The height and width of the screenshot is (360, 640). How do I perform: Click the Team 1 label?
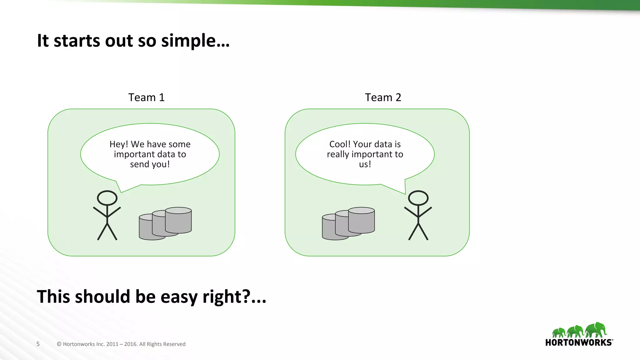coord(146,97)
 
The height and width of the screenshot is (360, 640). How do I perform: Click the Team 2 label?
coord(383,97)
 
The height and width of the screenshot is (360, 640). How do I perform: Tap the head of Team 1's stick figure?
coord(107,198)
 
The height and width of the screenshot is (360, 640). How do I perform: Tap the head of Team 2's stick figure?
coord(418,198)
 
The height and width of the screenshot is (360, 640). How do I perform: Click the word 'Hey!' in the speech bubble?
coord(119,144)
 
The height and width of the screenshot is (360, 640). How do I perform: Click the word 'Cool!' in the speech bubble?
coord(340,144)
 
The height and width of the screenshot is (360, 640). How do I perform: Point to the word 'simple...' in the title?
coord(195,41)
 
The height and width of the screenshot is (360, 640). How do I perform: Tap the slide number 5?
coord(38,344)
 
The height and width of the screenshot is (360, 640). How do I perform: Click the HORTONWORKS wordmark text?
coord(579,342)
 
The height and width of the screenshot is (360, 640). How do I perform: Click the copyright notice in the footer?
coord(121,344)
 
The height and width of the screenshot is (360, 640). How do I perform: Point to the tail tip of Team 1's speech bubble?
coord(121,192)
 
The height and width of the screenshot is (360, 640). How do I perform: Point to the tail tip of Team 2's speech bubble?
coord(405,194)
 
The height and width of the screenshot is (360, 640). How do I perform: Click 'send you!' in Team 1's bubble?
coord(150,164)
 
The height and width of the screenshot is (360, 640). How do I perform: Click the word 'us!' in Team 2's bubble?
coord(365,164)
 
